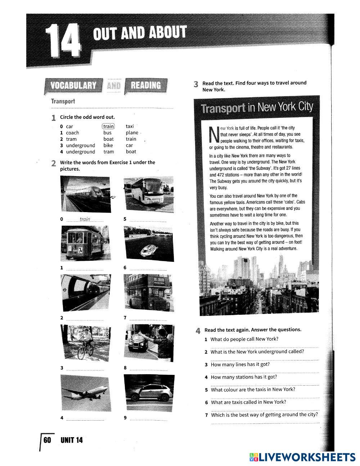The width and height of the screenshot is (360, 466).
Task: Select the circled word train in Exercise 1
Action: (108, 126)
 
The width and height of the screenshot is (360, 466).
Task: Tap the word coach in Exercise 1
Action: (72, 133)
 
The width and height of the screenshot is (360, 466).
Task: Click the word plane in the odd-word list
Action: (132, 133)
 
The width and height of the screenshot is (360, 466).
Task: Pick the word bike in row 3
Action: (108, 145)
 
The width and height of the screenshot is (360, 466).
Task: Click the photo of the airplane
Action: (85, 391)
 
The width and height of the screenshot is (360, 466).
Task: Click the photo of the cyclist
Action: (85, 342)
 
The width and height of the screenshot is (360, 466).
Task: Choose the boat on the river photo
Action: (148, 243)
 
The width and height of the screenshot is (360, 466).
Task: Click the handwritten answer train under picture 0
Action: (85, 219)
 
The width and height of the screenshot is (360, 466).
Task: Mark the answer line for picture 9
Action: (148, 420)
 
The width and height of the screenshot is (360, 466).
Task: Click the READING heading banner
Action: (145, 86)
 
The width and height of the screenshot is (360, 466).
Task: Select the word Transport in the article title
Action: (223, 108)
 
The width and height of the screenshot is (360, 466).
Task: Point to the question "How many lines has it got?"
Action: (240, 364)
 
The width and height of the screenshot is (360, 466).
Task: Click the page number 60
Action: (47, 440)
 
